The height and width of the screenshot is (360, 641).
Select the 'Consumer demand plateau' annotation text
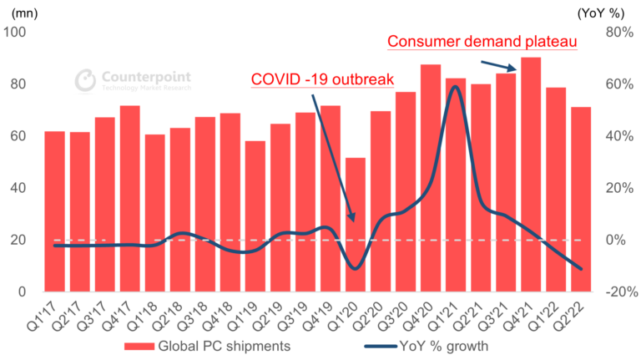[x=482, y=41]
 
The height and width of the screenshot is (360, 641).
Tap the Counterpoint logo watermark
[x=134, y=79]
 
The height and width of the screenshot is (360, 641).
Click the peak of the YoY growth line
[x=455, y=87]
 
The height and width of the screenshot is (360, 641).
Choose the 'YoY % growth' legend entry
[x=417, y=345]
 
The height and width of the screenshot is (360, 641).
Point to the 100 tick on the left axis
[x=17, y=33]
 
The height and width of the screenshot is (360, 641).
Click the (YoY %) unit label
[x=607, y=12]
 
